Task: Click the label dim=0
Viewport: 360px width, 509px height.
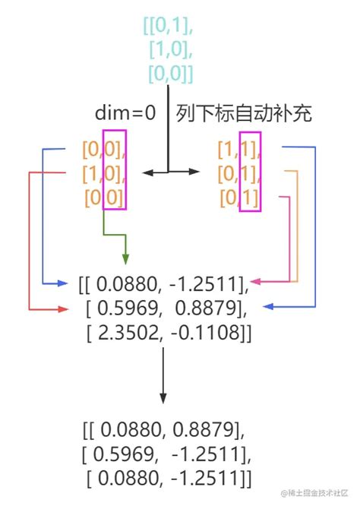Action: click(x=125, y=114)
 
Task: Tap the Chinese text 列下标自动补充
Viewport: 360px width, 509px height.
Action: click(x=244, y=114)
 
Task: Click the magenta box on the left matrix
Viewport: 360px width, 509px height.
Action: click(x=115, y=170)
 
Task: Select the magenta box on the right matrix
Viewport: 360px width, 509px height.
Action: click(x=249, y=172)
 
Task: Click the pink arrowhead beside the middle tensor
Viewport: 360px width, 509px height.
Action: click(x=257, y=282)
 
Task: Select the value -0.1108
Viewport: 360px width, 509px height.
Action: click(x=209, y=333)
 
